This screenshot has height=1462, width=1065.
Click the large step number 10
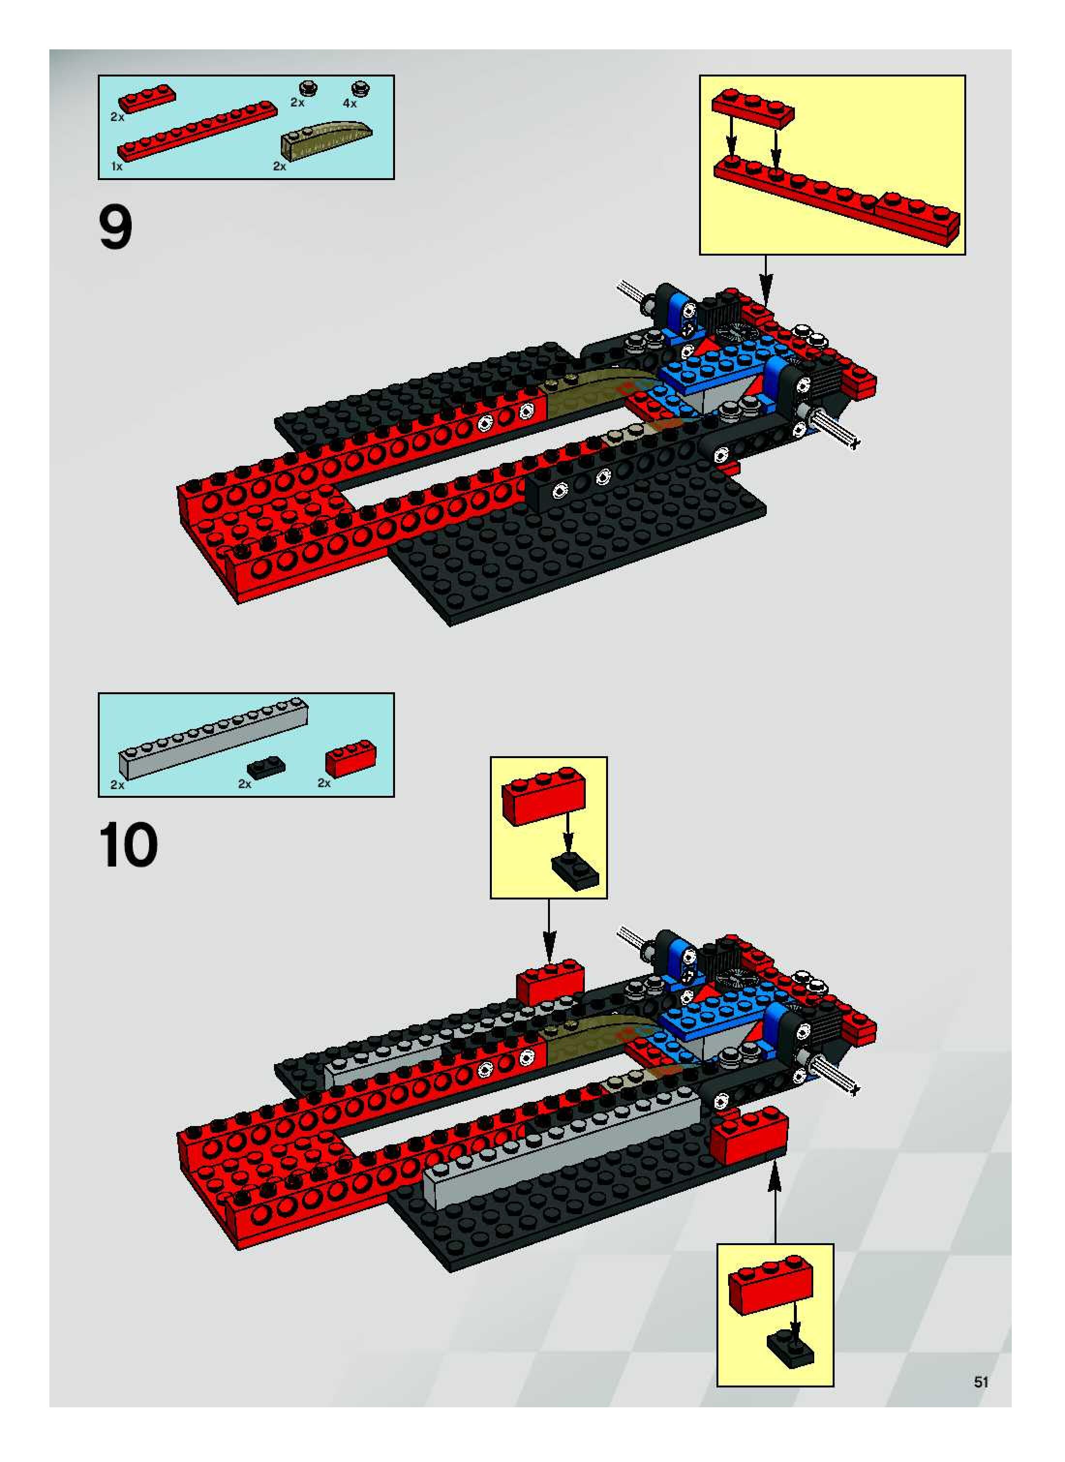point(128,845)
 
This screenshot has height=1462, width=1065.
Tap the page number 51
point(981,1382)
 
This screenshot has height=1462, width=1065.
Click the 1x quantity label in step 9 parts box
point(117,167)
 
